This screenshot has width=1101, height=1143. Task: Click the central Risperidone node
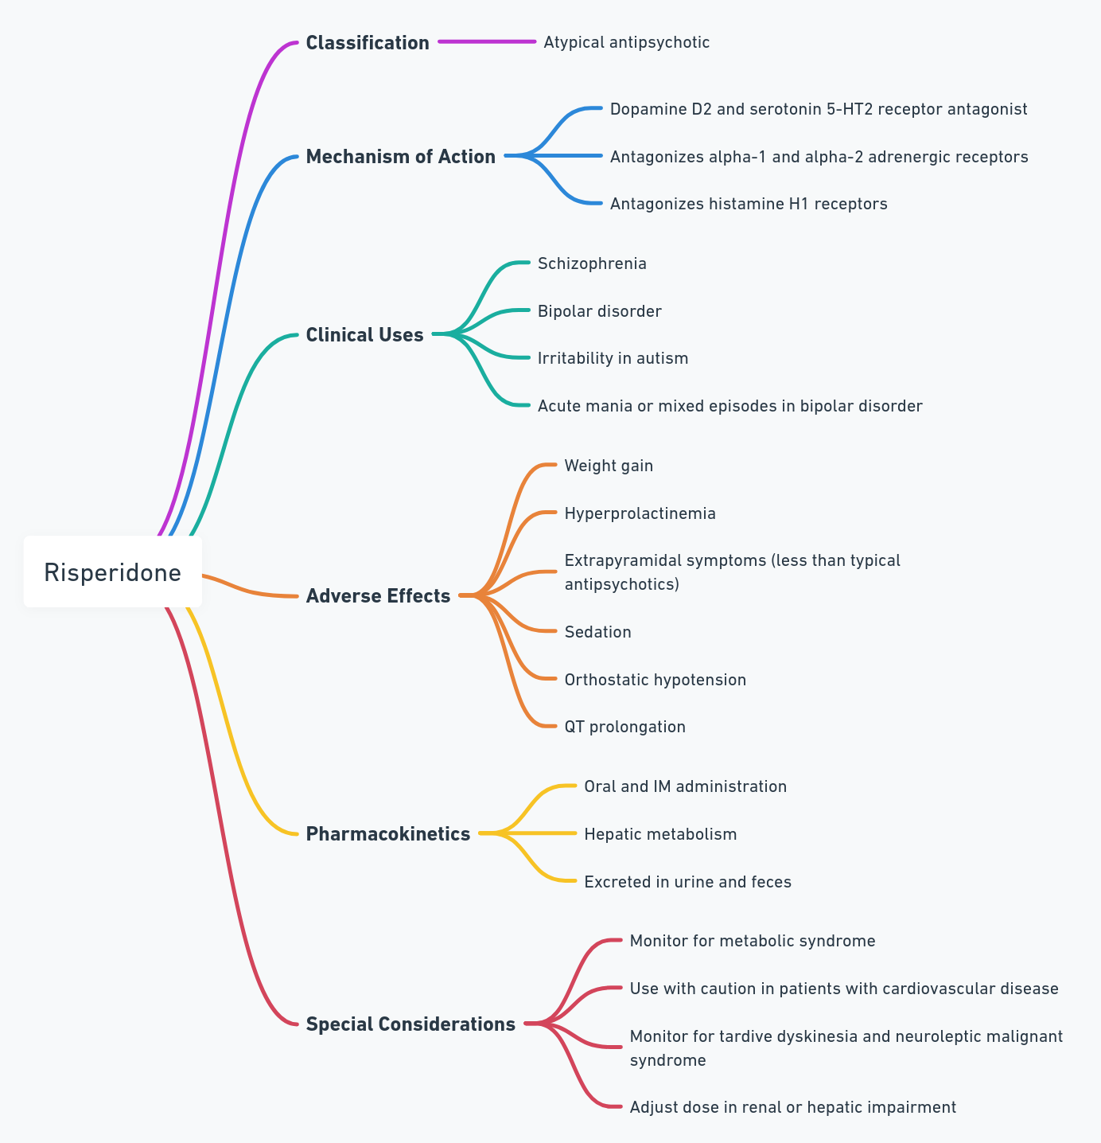pyautogui.click(x=113, y=571)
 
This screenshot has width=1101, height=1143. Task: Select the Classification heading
pyautogui.click(x=368, y=42)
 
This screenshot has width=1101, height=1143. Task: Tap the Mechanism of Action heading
pyautogui.click(x=401, y=156)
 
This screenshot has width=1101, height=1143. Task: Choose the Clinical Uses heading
pyautogui.click(x=364, y=334)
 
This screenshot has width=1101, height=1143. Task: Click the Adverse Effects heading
pyautogui.click(x=378, y=595)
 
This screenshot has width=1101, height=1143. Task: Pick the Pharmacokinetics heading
pyautogui.click(x=388, y=833)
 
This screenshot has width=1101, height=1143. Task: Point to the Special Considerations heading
pyautogui.click(x=410, y=1024)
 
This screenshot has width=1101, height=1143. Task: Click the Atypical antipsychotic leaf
pyautogui.click(x=626, y=42)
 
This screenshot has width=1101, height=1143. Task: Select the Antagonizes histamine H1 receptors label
pyautogui.click(x=749, y=204)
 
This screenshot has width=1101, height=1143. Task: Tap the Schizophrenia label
pyautogui.click(x=592, y=263)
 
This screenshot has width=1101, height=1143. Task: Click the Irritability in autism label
pyautogui.click(x=613, y=358)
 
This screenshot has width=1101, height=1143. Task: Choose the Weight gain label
pyautogui.click(x=609, y=466)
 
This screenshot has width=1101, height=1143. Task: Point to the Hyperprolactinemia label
pyautogui.click(x=640, y=513)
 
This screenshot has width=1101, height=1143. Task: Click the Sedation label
pyautogui.click(x=597, y=632)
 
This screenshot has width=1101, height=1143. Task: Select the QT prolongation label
pyautogui.click(x=624, y=727)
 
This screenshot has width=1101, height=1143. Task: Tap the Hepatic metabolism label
pyautogui.click(x=660, y=834)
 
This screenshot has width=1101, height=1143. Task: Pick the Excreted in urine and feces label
pyautogui.click(x=687, y=882)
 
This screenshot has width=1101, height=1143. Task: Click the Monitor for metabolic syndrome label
pyautogui.click(x=753, y=941)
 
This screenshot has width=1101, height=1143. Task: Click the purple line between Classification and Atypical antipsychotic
pyautogui.click(x=487, y=41)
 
